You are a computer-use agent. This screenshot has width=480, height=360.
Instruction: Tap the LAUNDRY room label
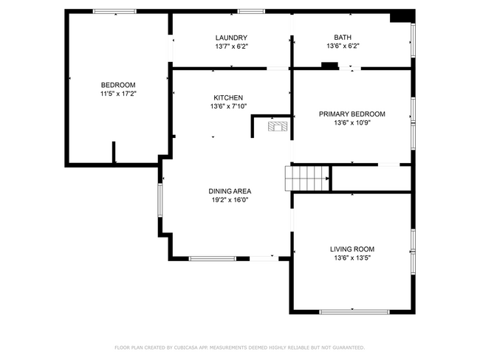pos(231,38)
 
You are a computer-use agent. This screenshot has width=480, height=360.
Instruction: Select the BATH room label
pos(343,37)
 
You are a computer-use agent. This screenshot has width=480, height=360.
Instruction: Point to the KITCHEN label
pos(228,97)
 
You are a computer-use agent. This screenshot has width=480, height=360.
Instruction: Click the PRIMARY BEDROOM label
pos(352,114)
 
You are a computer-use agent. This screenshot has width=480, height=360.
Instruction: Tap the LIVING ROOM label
pos(352,249)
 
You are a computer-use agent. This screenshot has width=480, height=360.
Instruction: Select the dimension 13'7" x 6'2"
pos(231,46)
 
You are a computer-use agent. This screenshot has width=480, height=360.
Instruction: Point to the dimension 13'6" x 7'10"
pos(228,106)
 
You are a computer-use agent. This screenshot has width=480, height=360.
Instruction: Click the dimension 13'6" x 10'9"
pos(352,122)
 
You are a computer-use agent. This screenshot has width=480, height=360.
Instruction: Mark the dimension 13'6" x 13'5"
pos(352,258)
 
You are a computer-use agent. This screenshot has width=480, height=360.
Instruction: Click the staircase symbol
pos(306,178)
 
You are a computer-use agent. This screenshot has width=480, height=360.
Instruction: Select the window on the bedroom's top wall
pos(114,11)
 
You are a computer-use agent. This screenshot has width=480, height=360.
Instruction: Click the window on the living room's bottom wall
pos(354,311)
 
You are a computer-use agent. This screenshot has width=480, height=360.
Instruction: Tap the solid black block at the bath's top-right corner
pos(401,15)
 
